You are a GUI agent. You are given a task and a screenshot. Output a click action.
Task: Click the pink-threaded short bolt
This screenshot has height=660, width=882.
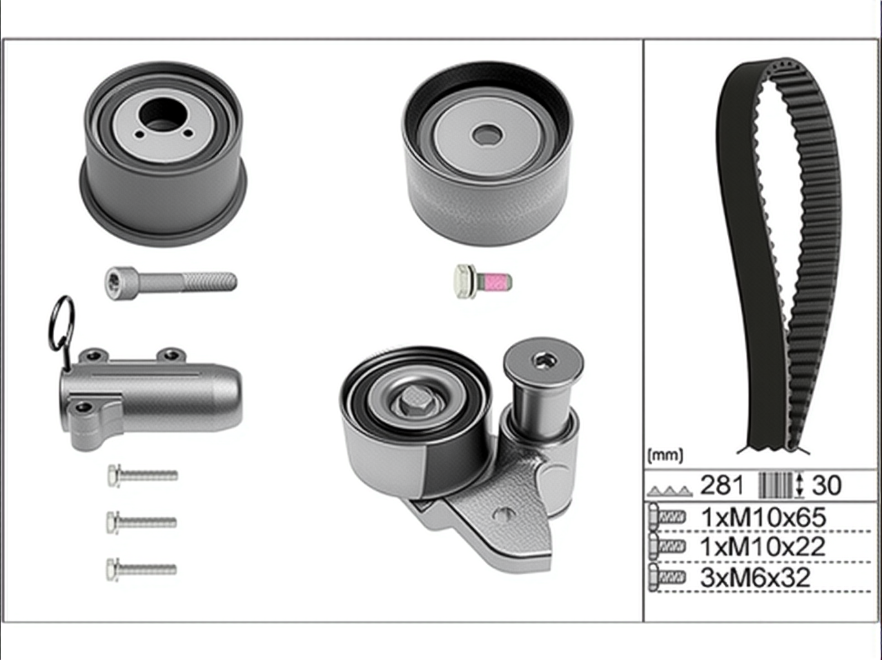click(483, 281)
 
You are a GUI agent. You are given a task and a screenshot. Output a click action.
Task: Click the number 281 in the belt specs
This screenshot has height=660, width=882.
click(721, 485)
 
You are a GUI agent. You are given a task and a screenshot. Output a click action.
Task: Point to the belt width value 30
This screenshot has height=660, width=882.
click(827, 485)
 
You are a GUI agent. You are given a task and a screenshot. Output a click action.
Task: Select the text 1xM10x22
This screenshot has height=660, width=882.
click(763, 547)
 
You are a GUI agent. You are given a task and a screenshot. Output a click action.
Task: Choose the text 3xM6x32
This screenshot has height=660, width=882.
click(755, 577)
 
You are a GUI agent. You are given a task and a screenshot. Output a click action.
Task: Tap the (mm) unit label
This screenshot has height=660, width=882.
click(665, 456)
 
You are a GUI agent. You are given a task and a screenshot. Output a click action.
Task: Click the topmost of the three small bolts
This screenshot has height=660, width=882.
click(142, 476)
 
